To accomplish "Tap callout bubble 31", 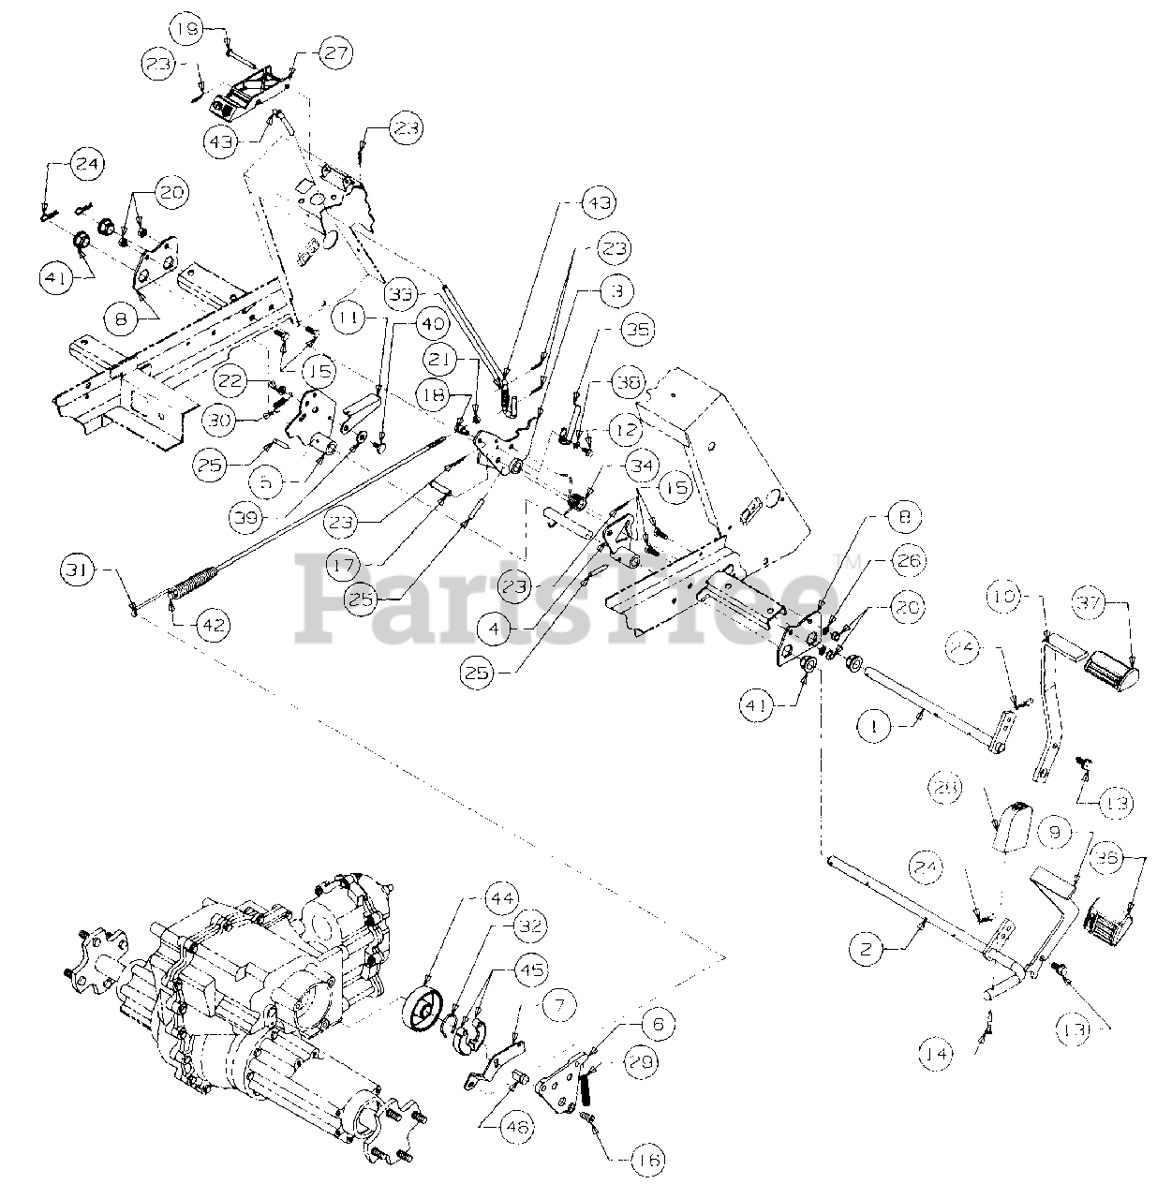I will click(81, 568).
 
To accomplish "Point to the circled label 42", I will click(214, 625).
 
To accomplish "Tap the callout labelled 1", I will click(874, 725).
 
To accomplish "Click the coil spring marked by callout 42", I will click(195, 587).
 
